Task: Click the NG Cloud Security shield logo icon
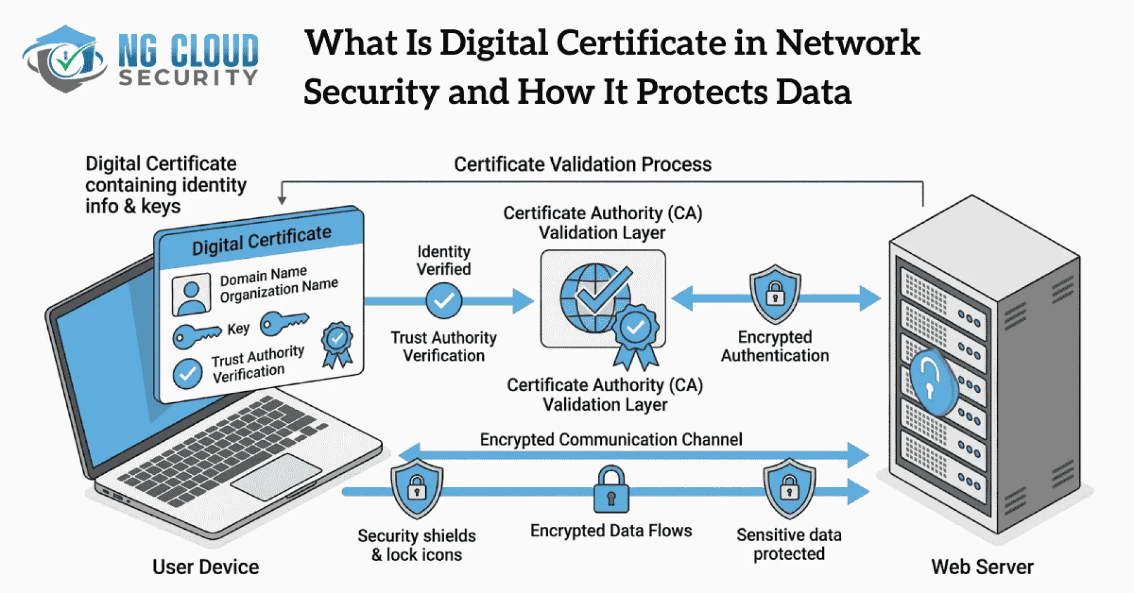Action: [64, 59]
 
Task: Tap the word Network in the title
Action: [847, 43]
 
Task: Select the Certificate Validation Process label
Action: [582, 164]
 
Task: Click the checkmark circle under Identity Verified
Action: [444, 301]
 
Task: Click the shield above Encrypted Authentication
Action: [775, 294]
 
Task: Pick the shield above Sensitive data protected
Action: [789, 488]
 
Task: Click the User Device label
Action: [206, 567]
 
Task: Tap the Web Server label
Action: [982, 567]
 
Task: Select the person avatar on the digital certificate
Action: [191, 294]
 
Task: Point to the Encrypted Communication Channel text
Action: [611, 439]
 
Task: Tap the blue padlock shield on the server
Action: [931, 382]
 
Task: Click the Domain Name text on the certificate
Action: [263, 275]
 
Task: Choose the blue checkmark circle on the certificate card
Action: [188, 374]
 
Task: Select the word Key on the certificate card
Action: [238, 328]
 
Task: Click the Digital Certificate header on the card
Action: [261, 240]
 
